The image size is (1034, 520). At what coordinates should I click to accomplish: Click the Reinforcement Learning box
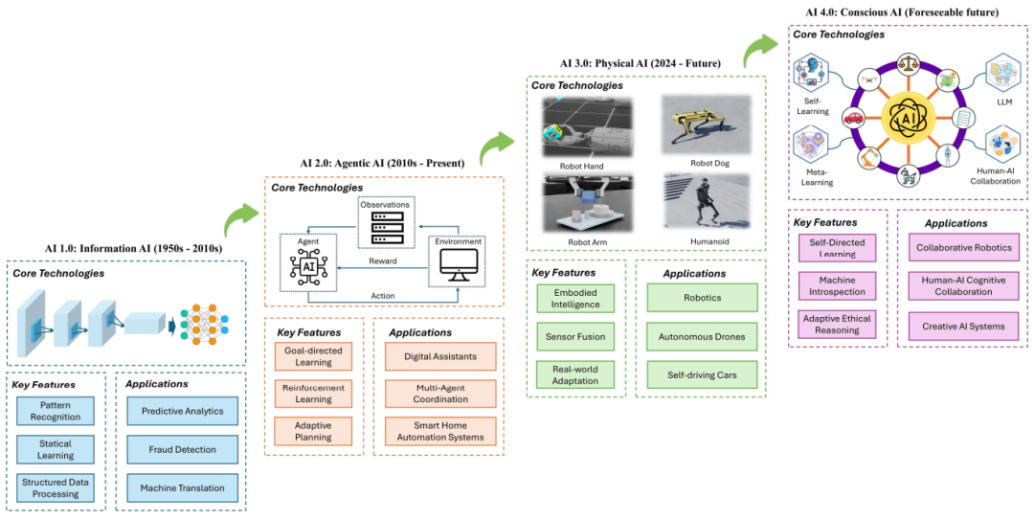(x=313, y=394)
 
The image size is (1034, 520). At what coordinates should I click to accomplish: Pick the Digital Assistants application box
(x=440, y=356)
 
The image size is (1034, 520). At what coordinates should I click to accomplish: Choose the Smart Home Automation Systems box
(x=440, y=432)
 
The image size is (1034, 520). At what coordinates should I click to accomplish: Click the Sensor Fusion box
(x=575, y=336)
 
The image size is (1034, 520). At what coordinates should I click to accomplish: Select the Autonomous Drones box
(x=702, y=336)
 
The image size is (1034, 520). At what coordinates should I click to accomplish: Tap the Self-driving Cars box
(x=702, y=374)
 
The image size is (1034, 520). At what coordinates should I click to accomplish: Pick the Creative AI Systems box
(x=963, y=326)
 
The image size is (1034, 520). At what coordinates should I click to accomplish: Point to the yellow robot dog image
(x=706, y=125)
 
